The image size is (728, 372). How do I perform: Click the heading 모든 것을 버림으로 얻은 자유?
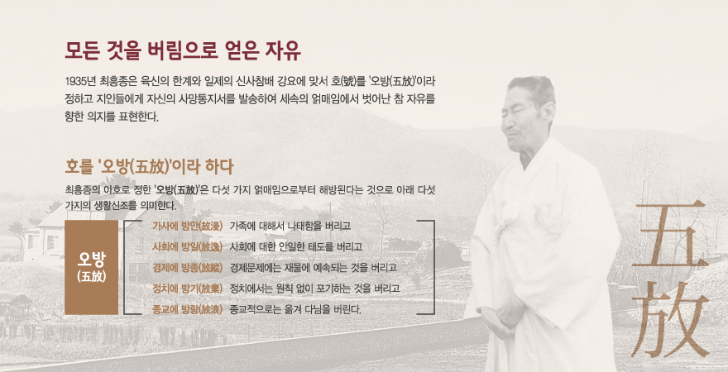pos(183,51)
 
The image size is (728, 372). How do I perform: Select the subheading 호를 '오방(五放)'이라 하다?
pos(149,167)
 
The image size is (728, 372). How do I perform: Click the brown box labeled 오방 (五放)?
pos(92,268)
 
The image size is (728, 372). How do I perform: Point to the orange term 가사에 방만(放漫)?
pos(188,226)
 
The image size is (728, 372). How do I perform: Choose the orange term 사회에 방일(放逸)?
pos(188,247)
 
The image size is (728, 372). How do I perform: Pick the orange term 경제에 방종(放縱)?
pos(188,268)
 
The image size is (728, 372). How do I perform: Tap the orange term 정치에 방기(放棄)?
pos(188,289)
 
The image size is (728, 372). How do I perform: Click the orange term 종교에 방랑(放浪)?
pos(188,309)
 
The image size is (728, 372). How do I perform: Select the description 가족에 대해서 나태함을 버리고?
pos(290,226)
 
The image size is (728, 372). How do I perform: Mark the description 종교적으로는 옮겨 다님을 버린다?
pos(295,309)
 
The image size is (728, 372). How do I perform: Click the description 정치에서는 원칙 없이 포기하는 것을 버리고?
pos(314,289)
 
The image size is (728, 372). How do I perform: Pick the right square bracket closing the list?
pos(433,268)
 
